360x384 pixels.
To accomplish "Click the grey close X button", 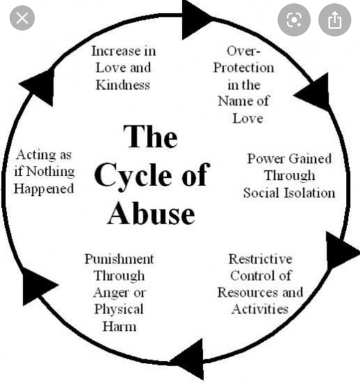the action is click(x=22, y=18).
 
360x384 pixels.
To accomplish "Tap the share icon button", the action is click(x=334, y=20).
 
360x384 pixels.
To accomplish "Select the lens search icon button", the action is click(x=294, y=20).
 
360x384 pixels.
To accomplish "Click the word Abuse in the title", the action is click(x=152, y=214).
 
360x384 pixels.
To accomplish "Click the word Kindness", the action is click(x=123, y=85).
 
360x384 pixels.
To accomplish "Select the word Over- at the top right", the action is click(x=244, y=51).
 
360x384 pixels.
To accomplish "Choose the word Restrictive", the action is click(x=260, y=259).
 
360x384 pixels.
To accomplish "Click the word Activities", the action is click(x=260, y=309).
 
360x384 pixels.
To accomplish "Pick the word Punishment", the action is click(x=119, y=259).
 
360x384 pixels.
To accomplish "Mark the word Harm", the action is click(x=120, y=326).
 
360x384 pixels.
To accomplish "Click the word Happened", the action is click(x=43, y=189).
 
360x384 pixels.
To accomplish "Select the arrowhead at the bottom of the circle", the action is click(x=189, y=359).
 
